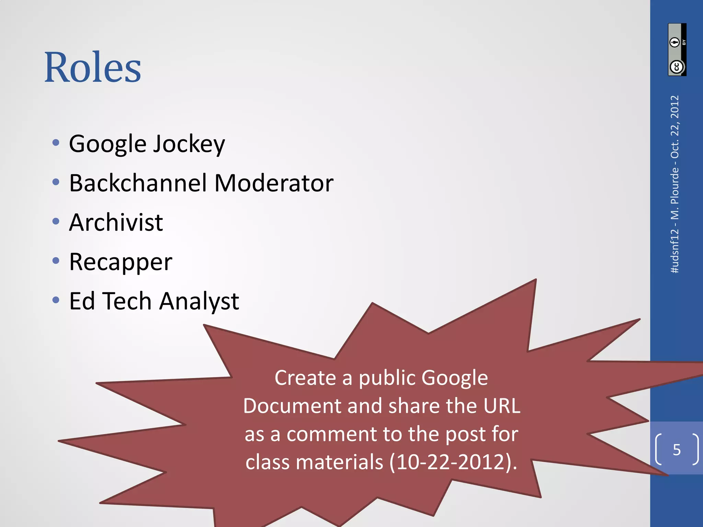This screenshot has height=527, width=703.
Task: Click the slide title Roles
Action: (x=93, y=67)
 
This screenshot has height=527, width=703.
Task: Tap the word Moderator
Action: (x=274, y=183)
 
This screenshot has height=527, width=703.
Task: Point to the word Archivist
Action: (x=116, y=222)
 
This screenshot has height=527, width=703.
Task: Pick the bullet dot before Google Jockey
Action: (x=56, y=142)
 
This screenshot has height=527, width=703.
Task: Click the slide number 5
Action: (x=677, y=450)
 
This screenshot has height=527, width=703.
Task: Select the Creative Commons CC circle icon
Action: (x=677, y=67)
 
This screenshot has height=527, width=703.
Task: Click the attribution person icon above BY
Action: (x=675, y=42)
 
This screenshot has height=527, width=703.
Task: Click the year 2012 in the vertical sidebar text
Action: (x=675, y=107)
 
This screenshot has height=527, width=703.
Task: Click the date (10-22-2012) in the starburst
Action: (x=453, y=462)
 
